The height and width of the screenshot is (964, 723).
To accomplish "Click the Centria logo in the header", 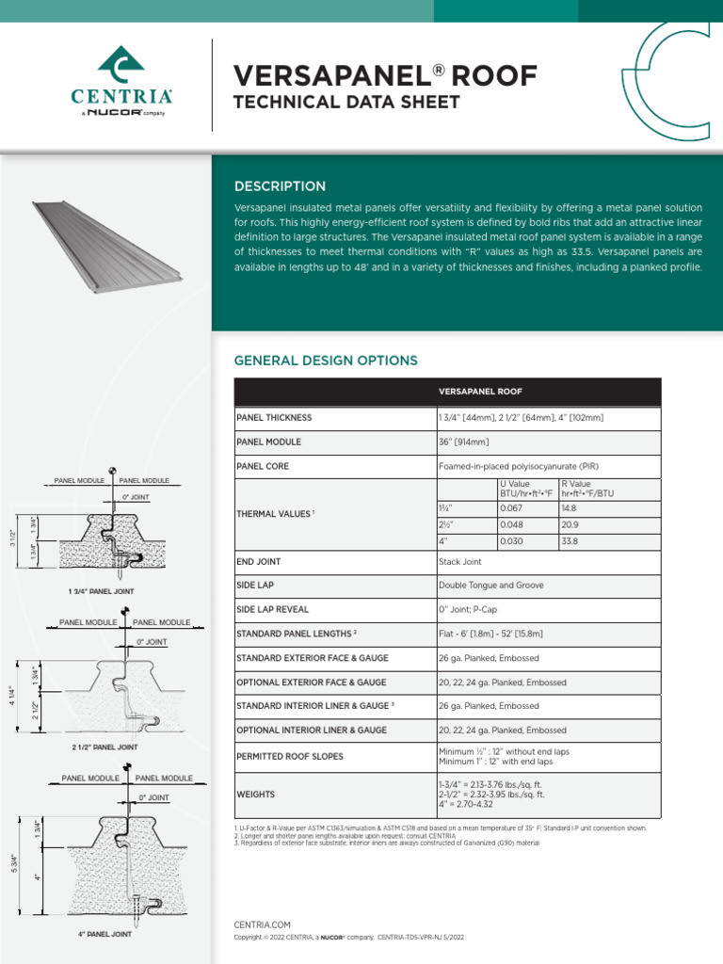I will pyautogui.click(x=121, y=80).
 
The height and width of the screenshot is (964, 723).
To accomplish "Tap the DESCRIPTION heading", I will pyautogui.click(x=280, y=186).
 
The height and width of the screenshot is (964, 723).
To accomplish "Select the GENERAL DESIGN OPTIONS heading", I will pyautogui.click(x=326, y=361).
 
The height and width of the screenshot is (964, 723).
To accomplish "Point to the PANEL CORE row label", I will pyautogui.click(x=263, y=466).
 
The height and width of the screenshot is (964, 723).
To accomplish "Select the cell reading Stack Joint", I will pyautogui.click(x=459, y=562).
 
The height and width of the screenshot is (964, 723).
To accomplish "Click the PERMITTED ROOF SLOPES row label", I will pyautogui.click(x=290, y=757).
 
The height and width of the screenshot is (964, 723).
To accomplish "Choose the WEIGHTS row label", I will pyautogui.click(x=256, y=795).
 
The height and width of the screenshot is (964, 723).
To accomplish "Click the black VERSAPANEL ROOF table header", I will pyautogui.click(x=447, y=392).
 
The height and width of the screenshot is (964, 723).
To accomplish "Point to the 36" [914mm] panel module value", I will pyautogui.click(x=464, y=442).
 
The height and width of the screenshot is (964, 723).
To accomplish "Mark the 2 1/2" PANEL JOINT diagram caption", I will pyautogui.click(x=104, y=747).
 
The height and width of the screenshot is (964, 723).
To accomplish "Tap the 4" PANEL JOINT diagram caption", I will pyautogui.click(x=104, y=935).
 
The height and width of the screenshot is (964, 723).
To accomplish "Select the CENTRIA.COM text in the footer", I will pyautogui.click(x=262, y=925).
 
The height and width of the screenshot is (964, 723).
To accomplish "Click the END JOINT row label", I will pyautogui.click(x=259, y=562).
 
